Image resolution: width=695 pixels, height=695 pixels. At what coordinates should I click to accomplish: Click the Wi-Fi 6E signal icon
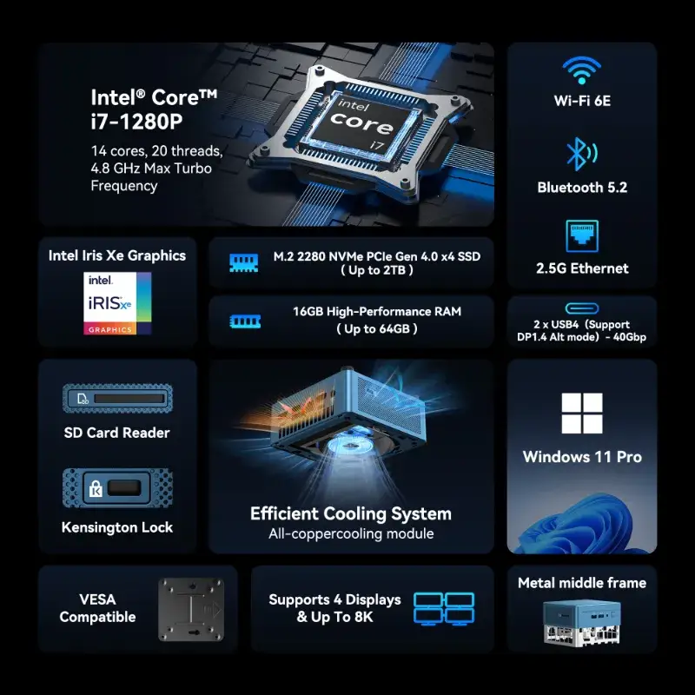582,69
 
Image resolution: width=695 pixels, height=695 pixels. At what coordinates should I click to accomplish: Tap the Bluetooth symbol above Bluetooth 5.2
580,154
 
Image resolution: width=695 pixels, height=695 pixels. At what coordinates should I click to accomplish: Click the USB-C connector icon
581,308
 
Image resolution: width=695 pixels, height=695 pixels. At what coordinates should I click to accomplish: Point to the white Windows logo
582,414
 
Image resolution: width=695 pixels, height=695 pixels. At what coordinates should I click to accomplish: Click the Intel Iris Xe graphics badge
118,303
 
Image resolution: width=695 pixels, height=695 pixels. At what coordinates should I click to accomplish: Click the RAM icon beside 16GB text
244,321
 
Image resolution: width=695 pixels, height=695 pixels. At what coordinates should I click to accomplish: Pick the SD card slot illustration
118,399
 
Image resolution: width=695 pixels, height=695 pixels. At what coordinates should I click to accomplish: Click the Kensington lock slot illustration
118,487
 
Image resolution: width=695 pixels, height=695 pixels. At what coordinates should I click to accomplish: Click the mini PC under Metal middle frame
582,621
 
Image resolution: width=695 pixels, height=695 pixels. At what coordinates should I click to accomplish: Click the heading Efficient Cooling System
351,513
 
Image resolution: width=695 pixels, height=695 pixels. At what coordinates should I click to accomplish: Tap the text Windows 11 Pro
582,457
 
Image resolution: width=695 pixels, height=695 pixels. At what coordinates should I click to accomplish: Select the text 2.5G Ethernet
582,268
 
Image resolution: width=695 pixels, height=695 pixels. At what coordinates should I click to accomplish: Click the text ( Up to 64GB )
376,328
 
